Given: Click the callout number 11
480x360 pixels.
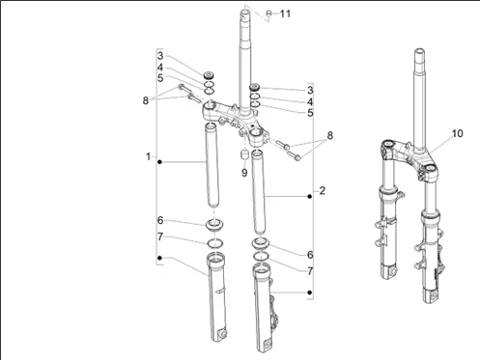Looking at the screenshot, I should (284, 14).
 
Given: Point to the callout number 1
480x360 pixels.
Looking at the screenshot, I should (148, 156).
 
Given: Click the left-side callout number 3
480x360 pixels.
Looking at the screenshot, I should (161, 57).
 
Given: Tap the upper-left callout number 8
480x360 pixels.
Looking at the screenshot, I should (146, 98).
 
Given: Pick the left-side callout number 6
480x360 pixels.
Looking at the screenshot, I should (161, 221).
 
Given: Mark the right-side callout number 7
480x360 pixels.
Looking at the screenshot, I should (309, 272).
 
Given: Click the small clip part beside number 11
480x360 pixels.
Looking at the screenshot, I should (268, 14).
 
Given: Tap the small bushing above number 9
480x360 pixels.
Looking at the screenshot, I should (245, 154).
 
